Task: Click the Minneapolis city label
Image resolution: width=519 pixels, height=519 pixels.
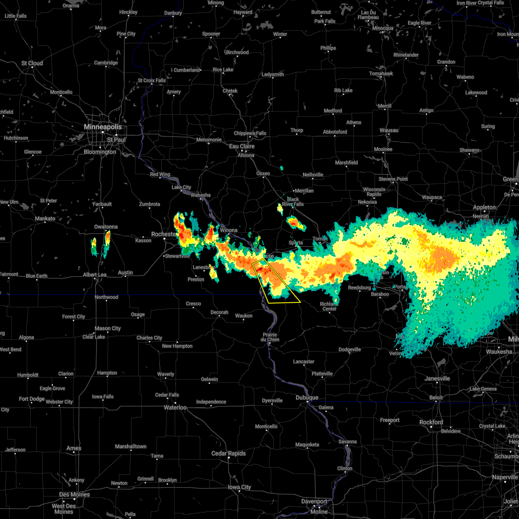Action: point(103,127)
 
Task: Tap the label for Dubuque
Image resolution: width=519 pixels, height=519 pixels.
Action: point(307,397)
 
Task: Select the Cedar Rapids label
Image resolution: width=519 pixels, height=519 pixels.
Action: point(228,453)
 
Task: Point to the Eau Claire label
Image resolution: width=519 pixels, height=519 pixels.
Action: point(242,146)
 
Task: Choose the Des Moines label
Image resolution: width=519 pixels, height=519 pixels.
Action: point(74,494)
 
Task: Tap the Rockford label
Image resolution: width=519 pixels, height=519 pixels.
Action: point(431,422)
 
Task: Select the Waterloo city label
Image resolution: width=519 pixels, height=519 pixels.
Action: point(175,407)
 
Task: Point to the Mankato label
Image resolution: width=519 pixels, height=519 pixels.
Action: point(45,218)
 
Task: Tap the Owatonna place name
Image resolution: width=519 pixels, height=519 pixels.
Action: point(106,227)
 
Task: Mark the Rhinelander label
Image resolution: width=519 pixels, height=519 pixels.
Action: point(406,55)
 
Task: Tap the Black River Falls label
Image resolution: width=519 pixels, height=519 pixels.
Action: point(293,202)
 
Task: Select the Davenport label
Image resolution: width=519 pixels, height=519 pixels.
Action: point(314,501)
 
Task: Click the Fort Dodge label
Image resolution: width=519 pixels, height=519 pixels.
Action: point(32,399)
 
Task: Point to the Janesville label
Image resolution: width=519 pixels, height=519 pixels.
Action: point(437,378)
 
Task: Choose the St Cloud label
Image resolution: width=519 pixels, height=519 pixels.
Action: point(32,63)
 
